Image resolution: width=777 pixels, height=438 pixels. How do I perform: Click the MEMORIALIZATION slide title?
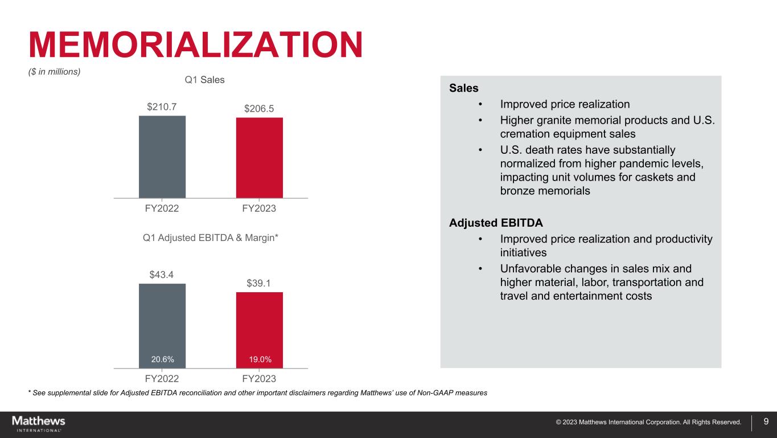click(196, 45)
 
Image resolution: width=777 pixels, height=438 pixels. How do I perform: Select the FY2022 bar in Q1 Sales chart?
click(162, 157)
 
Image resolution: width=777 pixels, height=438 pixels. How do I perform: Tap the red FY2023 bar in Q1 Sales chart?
click(260, 158)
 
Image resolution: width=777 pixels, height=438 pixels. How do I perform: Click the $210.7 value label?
click(162, 107)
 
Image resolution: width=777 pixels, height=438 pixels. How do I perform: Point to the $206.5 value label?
click(259, 109)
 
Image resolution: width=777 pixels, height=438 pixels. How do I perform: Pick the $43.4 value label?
click(161, 275)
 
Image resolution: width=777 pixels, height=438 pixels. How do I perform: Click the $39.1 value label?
click(258, 283)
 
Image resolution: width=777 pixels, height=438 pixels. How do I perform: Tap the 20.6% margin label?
click(162, 359)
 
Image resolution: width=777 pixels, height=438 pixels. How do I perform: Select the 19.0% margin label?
click(260, 359)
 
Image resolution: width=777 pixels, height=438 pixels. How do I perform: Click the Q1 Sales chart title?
click(205, 80)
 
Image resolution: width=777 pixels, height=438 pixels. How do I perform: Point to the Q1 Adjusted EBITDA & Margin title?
click(211, 238)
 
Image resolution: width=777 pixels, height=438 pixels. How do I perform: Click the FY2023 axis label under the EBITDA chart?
click(259, 379)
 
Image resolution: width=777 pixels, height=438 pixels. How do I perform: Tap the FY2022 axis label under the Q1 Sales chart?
click(162, 208)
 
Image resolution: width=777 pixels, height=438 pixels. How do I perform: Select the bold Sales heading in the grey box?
click(464, 88)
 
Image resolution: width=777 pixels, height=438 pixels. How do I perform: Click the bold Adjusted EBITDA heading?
click(496, 223)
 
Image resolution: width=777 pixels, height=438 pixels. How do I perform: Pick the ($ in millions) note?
click(55, 72)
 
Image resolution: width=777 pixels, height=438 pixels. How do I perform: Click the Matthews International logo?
click(39, 424)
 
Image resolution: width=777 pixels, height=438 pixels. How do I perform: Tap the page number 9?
click(766, 421)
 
